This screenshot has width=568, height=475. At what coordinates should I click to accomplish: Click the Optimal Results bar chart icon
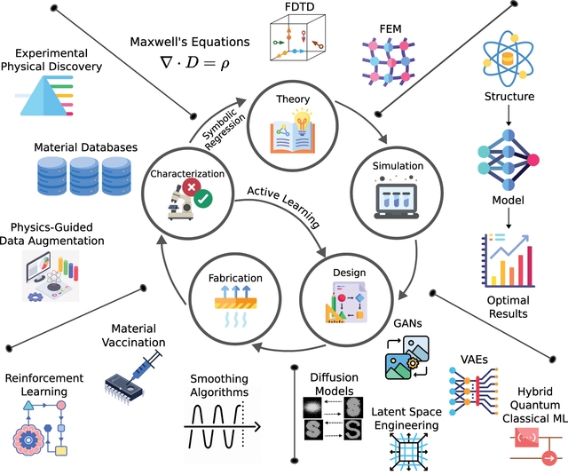[509, 267]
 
